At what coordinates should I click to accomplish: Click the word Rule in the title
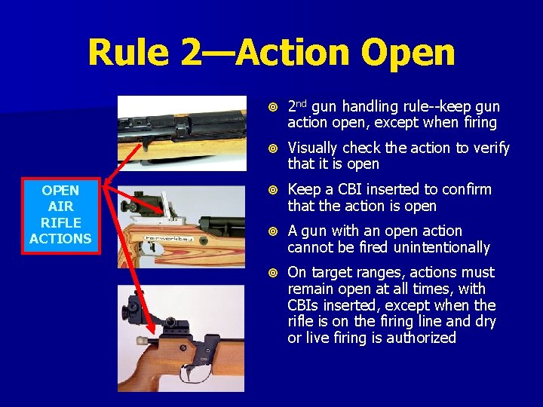pos(128,53)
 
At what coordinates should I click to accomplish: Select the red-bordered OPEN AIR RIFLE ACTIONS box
pos(61,214)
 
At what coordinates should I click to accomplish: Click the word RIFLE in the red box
pos(61,222)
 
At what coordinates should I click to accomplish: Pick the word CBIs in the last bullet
pos(305,305)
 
